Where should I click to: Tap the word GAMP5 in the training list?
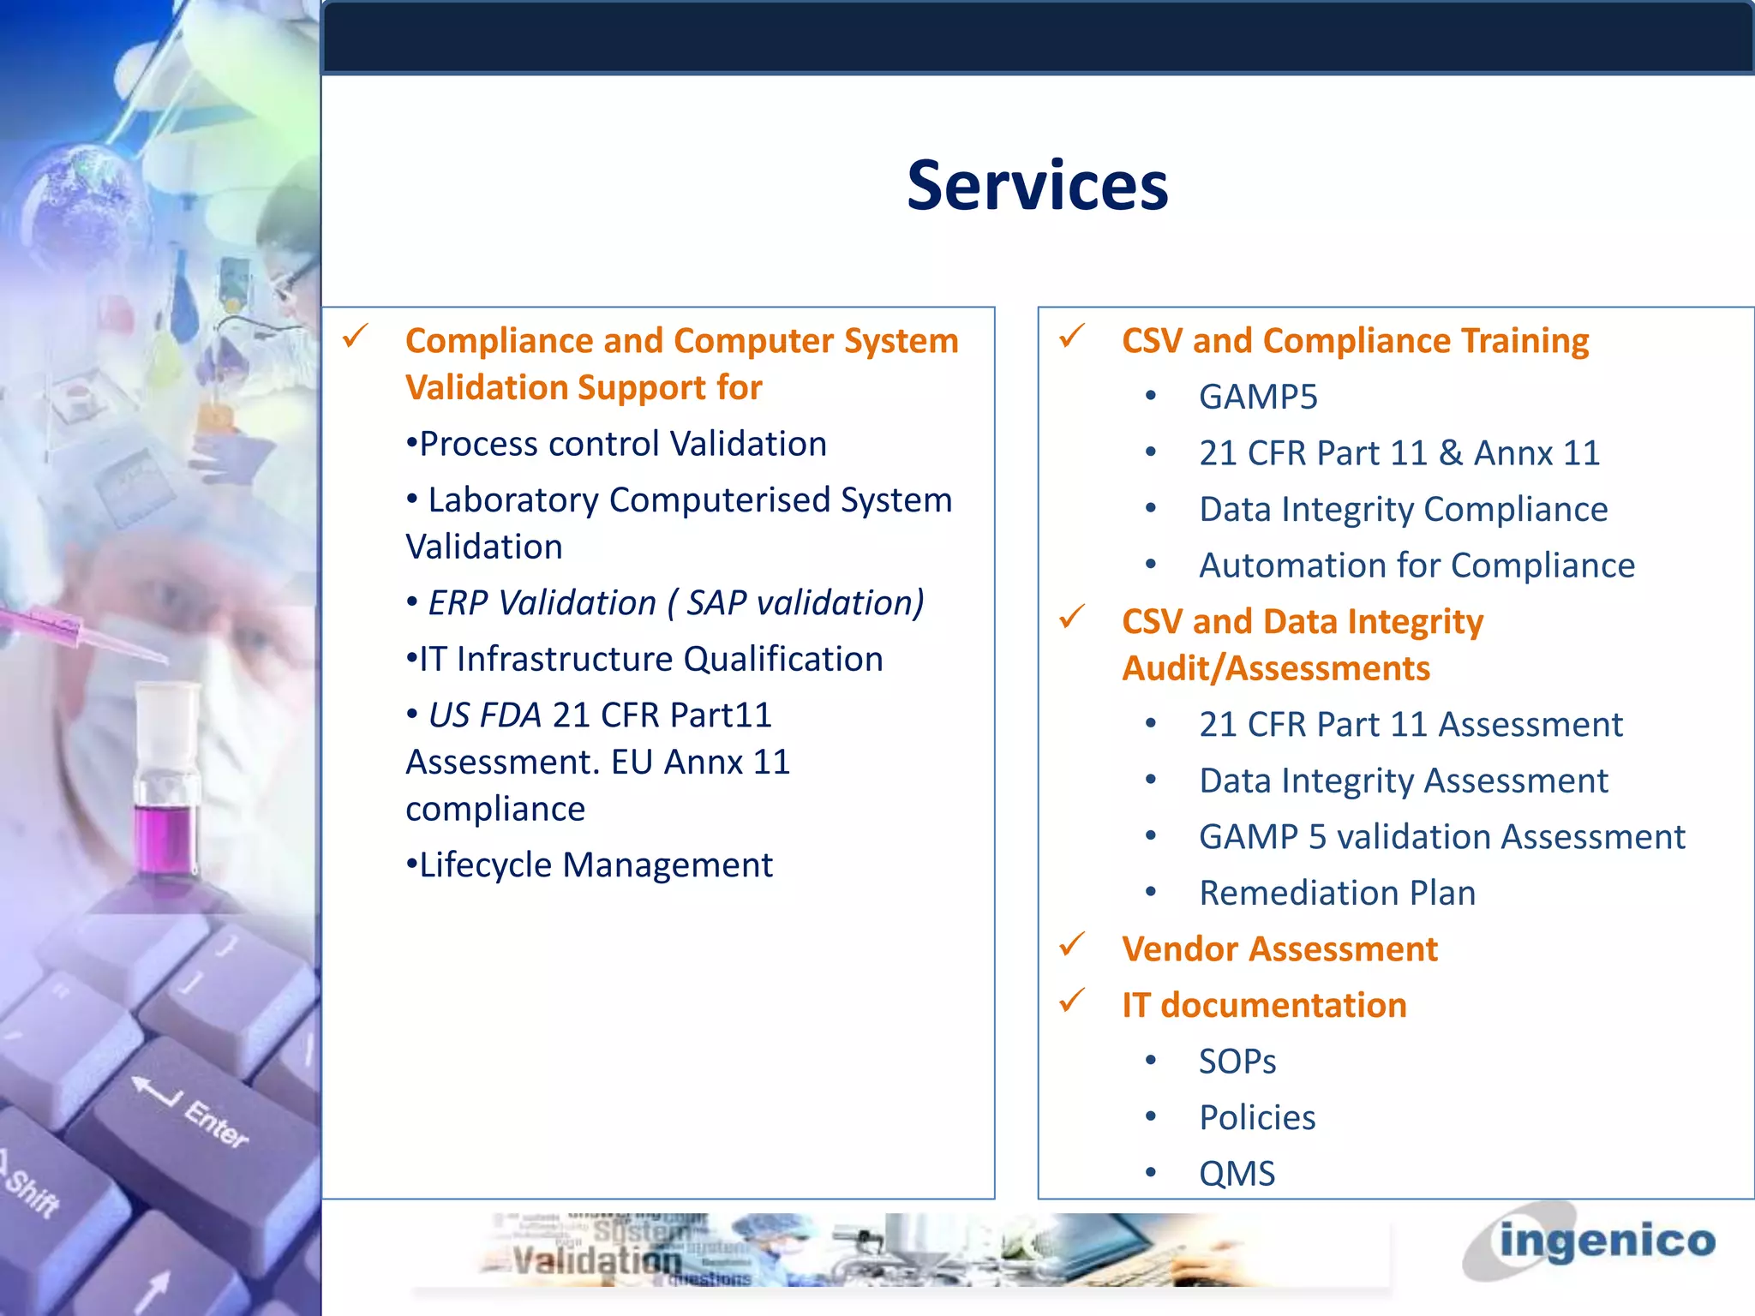click(1257, 397)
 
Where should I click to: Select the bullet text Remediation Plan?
click(1337, 893)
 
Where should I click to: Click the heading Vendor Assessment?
click(1279, 949)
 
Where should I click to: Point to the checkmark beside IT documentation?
click(1072, 1000)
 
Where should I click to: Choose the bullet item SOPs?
click(1237, 1062)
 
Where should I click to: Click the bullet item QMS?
click(1237, 1173)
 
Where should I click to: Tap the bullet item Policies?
click(1256, 1117)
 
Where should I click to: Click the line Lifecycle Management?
click(595, 865)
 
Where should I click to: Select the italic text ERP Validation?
click(542, 603)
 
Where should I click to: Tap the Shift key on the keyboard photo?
click(34, 1191)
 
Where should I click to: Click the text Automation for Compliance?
click(1417, 565)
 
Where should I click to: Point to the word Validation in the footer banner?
click(596, 1260)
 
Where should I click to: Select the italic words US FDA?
click(484, 715)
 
